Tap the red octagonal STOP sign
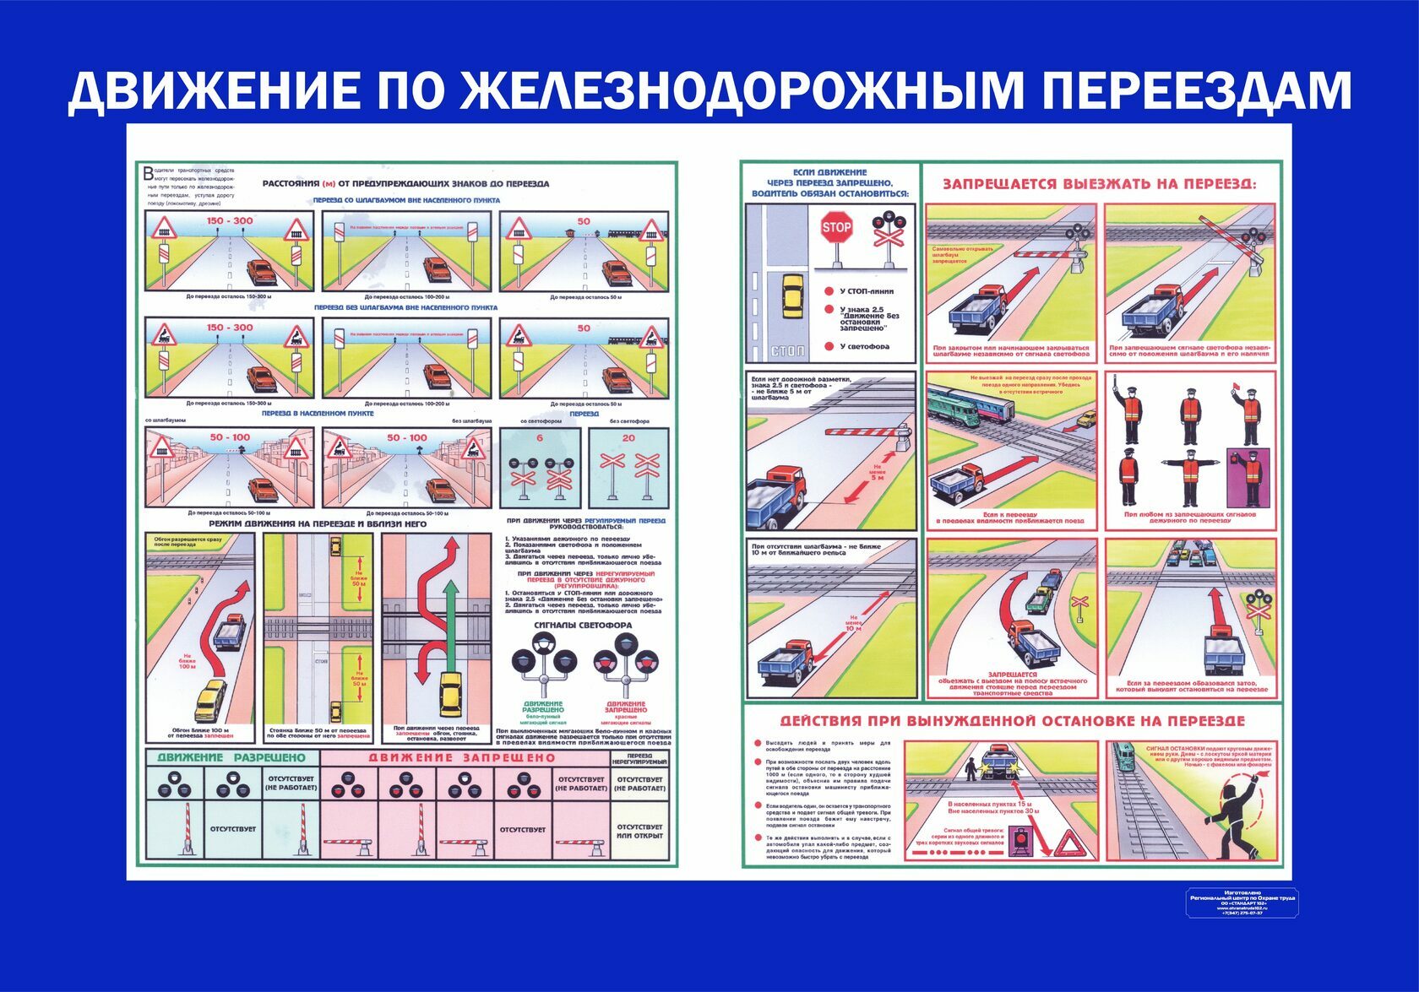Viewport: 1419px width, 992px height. pos(836,227)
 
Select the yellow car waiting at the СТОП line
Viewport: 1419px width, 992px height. pos(792,295)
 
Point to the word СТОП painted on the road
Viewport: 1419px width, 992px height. pos(788,350)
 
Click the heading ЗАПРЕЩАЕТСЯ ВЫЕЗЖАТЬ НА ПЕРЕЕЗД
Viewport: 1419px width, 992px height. pos(1099,184)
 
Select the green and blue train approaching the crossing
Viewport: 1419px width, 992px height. pos(968,406)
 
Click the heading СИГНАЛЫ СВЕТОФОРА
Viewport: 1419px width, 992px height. pos(583,625)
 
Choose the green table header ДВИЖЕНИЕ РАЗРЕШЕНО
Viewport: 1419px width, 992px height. pos(231,758)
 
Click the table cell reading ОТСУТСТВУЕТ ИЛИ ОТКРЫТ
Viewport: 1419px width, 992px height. pos(639,832)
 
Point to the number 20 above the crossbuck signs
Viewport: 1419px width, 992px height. pos(628,437)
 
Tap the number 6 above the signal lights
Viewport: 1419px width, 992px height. pos(540,437)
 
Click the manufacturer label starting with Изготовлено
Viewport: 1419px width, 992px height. pos(1241,902)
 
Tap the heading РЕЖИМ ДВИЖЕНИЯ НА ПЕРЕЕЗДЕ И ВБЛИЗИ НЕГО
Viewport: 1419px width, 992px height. pos(318,524)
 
